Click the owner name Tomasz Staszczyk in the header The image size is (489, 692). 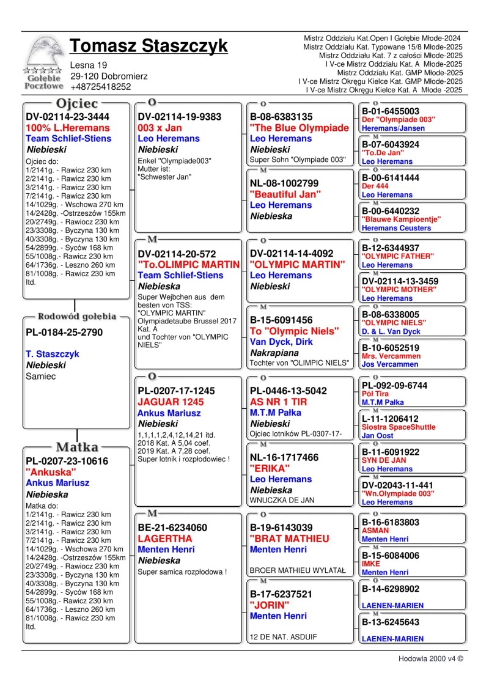pyautogui.click(x=149, y=46)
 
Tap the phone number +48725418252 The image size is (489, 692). pyautogui.click(x=101, y=87)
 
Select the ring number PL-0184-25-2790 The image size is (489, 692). pyautogui.click(x=64, y=333)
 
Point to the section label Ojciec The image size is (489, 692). pyautogui.click(x=77, y=104)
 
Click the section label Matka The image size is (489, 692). pyautogui.click(x=77, y=447)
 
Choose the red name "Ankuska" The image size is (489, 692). pyautogui.click(x=51, y=472)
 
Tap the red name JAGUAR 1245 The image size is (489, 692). pyautogui.click(x=167, y=402)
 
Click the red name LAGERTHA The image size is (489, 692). pyautogui.click(x=165, y=539)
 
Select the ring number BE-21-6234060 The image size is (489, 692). pyautogui.click(x=172, y=528)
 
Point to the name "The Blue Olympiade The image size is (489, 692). pyautogui.click(x=299, y=128)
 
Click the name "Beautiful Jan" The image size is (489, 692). pyautogui.click(x=285, y=194)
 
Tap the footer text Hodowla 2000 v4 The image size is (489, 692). pyautogui.click(x=430, y=659)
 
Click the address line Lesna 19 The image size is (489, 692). pyautogui.click(x=89, y=65)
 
